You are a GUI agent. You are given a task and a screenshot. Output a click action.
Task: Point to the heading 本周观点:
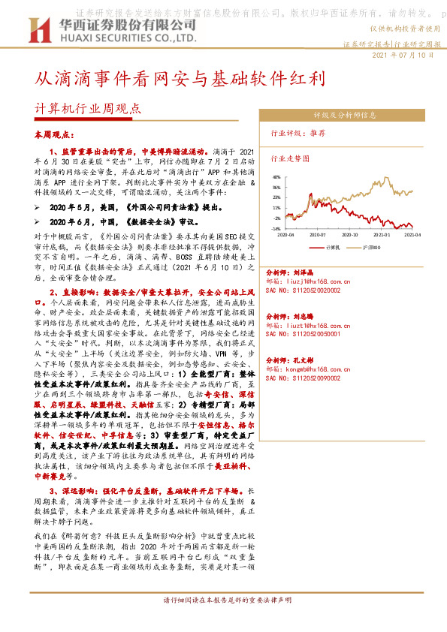click(x=55, y=134)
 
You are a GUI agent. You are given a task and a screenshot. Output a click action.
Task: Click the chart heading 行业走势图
click(x=290, y=159)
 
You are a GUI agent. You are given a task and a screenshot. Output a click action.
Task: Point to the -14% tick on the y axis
click(x=276, y=229)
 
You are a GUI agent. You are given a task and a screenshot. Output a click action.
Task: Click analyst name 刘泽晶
click(x=299, y=273)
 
